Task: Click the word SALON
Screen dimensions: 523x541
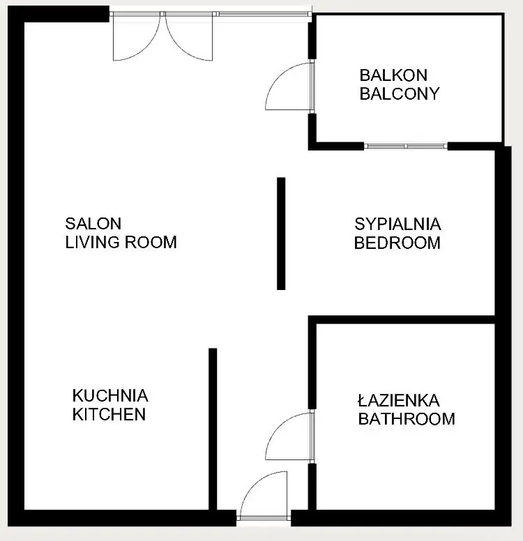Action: pos(93,224)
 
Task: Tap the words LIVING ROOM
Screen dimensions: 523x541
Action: pos(121,242)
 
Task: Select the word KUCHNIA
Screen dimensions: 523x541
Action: pos(110,396)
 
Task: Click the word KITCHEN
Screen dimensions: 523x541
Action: pos(109,414)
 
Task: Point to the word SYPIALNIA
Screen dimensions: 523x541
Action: pos(397,224)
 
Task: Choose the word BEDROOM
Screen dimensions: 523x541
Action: pos(397,243)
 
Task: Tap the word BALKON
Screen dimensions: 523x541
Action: pos(393,75)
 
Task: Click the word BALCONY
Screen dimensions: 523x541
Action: pos(400,93)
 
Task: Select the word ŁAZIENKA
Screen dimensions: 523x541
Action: pos(399,400)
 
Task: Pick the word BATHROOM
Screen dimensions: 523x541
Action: pos(407,419)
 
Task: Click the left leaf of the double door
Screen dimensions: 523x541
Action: pos(146,48)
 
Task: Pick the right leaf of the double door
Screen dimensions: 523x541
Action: pos(179,48)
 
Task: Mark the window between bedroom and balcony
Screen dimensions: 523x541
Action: pos(406,146)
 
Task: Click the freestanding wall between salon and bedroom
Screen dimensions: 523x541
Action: pos(281,234)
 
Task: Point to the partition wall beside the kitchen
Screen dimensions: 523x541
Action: pos(213,429)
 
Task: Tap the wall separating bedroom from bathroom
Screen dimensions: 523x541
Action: pos(402,320)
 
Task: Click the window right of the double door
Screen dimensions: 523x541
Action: pos(264,14)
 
